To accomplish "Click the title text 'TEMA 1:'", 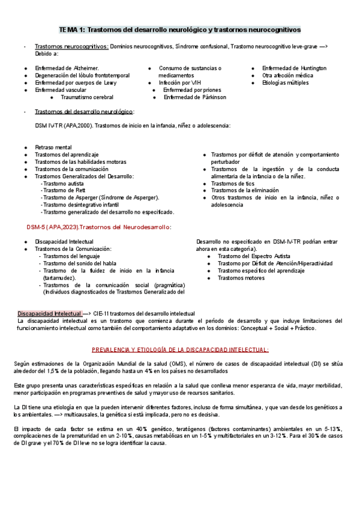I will click(72, 29).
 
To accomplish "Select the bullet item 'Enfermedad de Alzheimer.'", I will click(67, 68).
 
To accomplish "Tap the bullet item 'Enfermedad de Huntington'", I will click(294, 68).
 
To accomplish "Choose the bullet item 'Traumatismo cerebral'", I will click(87, 97).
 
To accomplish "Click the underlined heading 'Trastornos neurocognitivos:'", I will click(71, 46).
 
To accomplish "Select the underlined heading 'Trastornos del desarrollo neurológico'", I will click(84, 112).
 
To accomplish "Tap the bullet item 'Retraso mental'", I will click(53, 147).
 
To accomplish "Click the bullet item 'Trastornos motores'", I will click(240, 278).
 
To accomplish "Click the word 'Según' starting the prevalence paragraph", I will click(22, 364).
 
